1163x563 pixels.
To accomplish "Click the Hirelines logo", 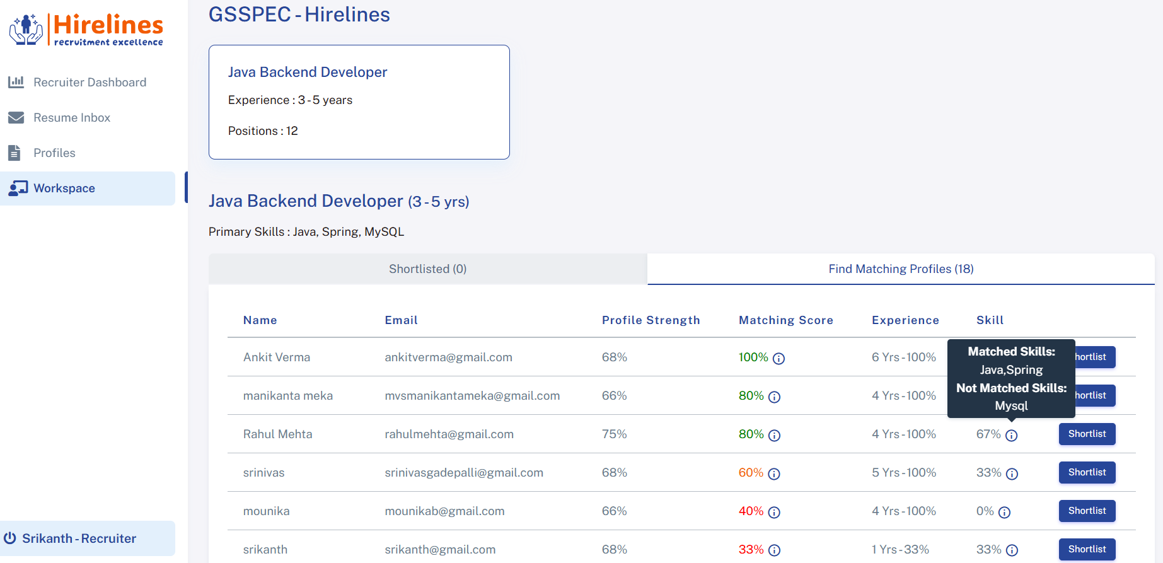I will coord(86,30).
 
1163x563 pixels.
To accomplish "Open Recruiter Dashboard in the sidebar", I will coord(90,83).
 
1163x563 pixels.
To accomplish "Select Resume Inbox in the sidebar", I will coord(71,118).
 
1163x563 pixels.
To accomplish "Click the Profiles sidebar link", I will coord(54,153).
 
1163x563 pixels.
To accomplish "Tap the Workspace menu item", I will coord(64,189).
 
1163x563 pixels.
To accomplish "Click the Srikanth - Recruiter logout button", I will coord(79,538).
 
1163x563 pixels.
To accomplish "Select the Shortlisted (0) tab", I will coord(427,269).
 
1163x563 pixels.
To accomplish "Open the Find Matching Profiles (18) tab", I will coord(900,269).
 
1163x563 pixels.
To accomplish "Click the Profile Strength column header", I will coord(651,320).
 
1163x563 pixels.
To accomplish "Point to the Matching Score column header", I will coord(785,320).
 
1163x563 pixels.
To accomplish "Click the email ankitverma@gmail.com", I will coord(448,357).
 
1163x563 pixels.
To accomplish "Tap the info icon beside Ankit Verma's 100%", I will coord(778,359).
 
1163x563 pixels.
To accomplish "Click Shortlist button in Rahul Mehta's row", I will coord(1087,434).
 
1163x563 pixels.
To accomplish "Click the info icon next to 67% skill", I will coord(1011,435).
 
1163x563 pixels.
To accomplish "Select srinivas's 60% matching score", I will coord(751,473).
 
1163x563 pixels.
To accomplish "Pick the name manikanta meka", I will coord(287,396).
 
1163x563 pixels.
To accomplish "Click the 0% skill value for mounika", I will coord(985,511).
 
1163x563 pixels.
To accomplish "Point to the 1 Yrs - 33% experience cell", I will coord(900,550).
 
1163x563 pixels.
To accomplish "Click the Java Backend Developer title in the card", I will coord(308,73).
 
